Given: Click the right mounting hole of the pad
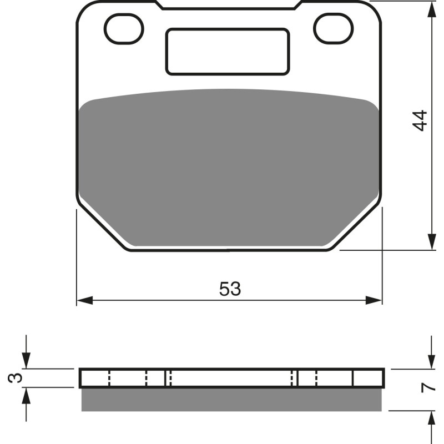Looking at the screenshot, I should click(x=333, y=26).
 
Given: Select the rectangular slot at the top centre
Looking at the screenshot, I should click(x=228, y=51).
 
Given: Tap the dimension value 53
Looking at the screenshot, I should click(x=230, y=289).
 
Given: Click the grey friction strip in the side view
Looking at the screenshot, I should click(x=232, y=400).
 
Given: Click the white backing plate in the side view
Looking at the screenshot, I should click(x=232, y=378).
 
